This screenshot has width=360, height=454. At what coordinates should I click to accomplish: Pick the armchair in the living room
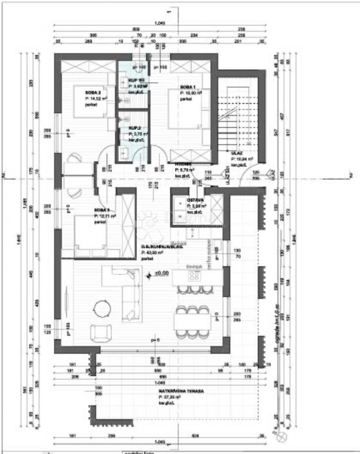(x=101, y=333)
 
